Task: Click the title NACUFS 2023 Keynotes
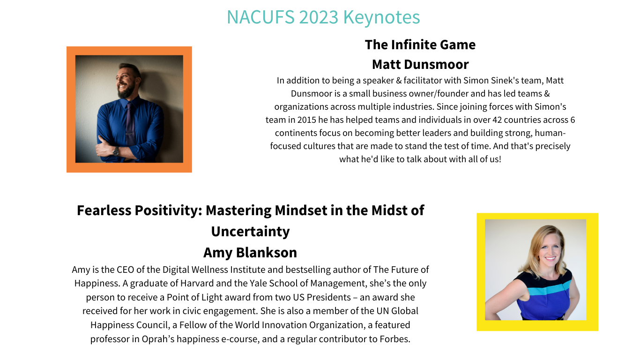click(323, 17)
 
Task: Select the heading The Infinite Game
click(420, 45)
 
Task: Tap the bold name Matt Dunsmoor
click(420, 64)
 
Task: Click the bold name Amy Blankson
click(250, 253)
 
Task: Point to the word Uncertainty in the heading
click(250, 231)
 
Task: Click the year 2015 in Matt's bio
click(306, 120)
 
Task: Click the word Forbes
click(394, 339)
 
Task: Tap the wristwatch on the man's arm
click(116, 151)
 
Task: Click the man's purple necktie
click(130, 126)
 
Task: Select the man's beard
click(126, 91)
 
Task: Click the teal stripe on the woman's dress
click(547, 288)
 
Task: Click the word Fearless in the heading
click(104, 210)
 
